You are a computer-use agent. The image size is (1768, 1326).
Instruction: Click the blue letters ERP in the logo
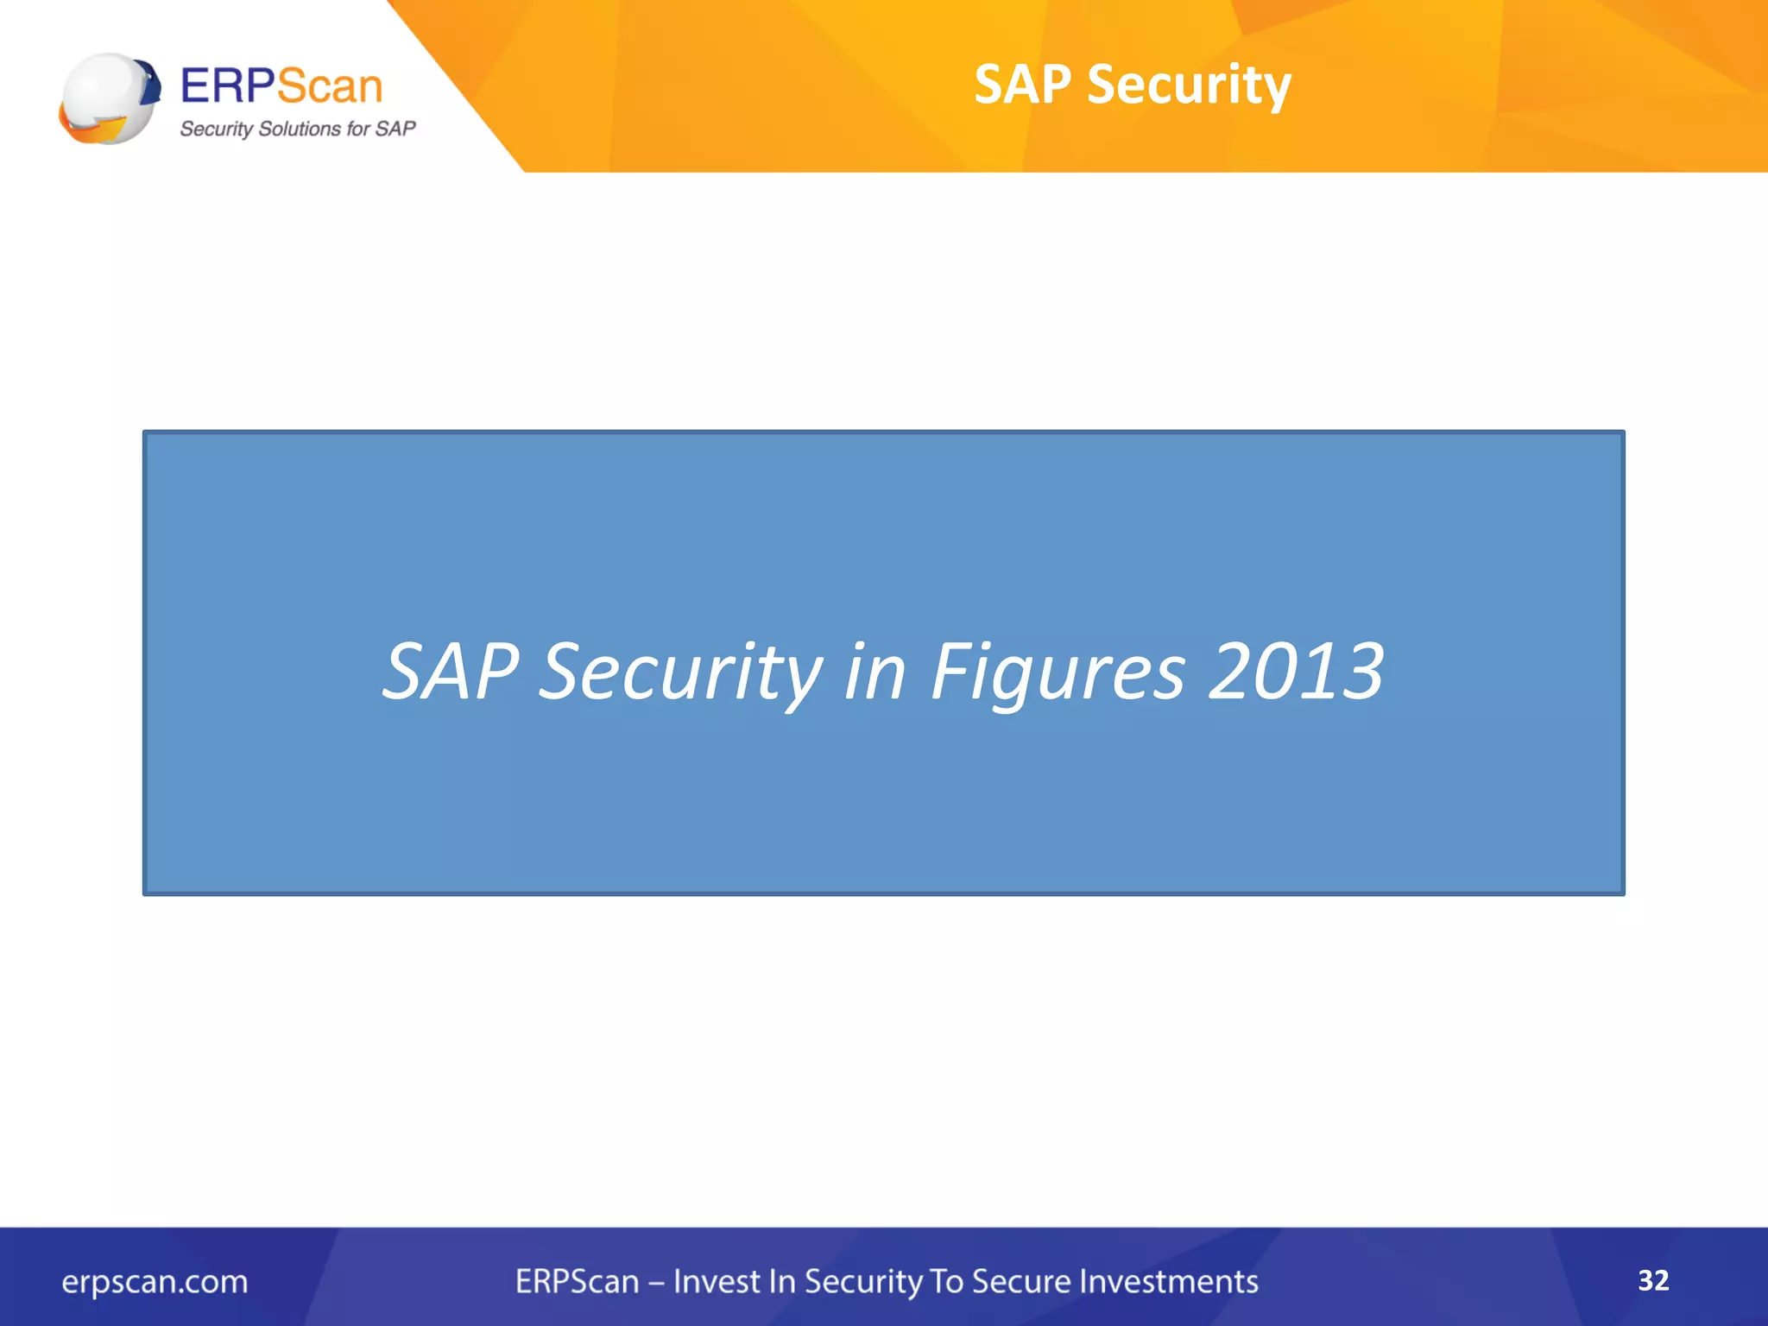click(x=227, y=86)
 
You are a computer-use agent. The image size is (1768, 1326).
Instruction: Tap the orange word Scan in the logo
click(x=330, y=86)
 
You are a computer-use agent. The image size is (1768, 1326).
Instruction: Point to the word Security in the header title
click(x=1189, y=85)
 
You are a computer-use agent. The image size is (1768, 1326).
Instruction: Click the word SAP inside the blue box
click(x=451, y=672)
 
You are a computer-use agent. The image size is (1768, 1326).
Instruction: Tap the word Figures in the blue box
click(x=1058, y=672)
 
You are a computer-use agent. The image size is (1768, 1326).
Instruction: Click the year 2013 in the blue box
click(x=1297, y=672)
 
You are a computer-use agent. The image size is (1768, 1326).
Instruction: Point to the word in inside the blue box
click(x=875, y=672)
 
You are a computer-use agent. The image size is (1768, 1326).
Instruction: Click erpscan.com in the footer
click(x=155, y=1281)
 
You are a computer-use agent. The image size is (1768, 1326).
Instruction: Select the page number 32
click(x=1653, y=1279)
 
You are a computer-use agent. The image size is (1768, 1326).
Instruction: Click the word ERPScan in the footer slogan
click(x=577, y=1281)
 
